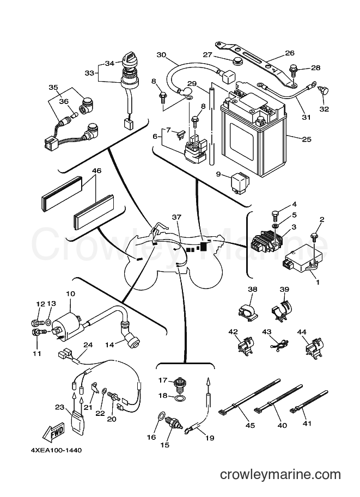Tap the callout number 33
click(x=90, y=73)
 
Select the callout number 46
click(x=96, y=171)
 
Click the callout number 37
click(x=176, y=217)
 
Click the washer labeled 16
click(x=161, y=416)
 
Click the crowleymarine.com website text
click(x=280, y=475)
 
